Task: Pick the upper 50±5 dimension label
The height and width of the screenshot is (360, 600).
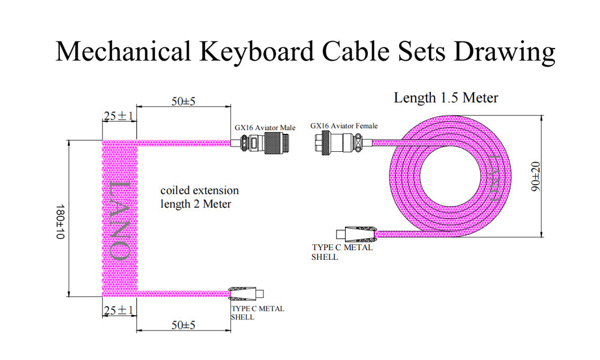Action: (x=184, y=102)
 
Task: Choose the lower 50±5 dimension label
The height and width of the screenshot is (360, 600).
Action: (x=184, y=325)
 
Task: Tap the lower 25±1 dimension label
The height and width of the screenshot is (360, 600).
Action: (x=118, y=310)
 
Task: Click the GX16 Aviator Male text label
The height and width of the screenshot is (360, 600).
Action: (x=265, y=128)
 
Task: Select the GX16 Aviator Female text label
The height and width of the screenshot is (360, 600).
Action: (x=344, y=126)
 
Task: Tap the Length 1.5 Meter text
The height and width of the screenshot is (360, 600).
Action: (x=446, y=98)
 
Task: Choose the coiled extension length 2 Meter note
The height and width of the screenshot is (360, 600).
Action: (x=199, y=197)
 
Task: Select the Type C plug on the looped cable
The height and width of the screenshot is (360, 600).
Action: (x=357, y=233)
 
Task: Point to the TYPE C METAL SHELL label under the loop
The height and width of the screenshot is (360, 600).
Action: (x=341, y=251)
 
